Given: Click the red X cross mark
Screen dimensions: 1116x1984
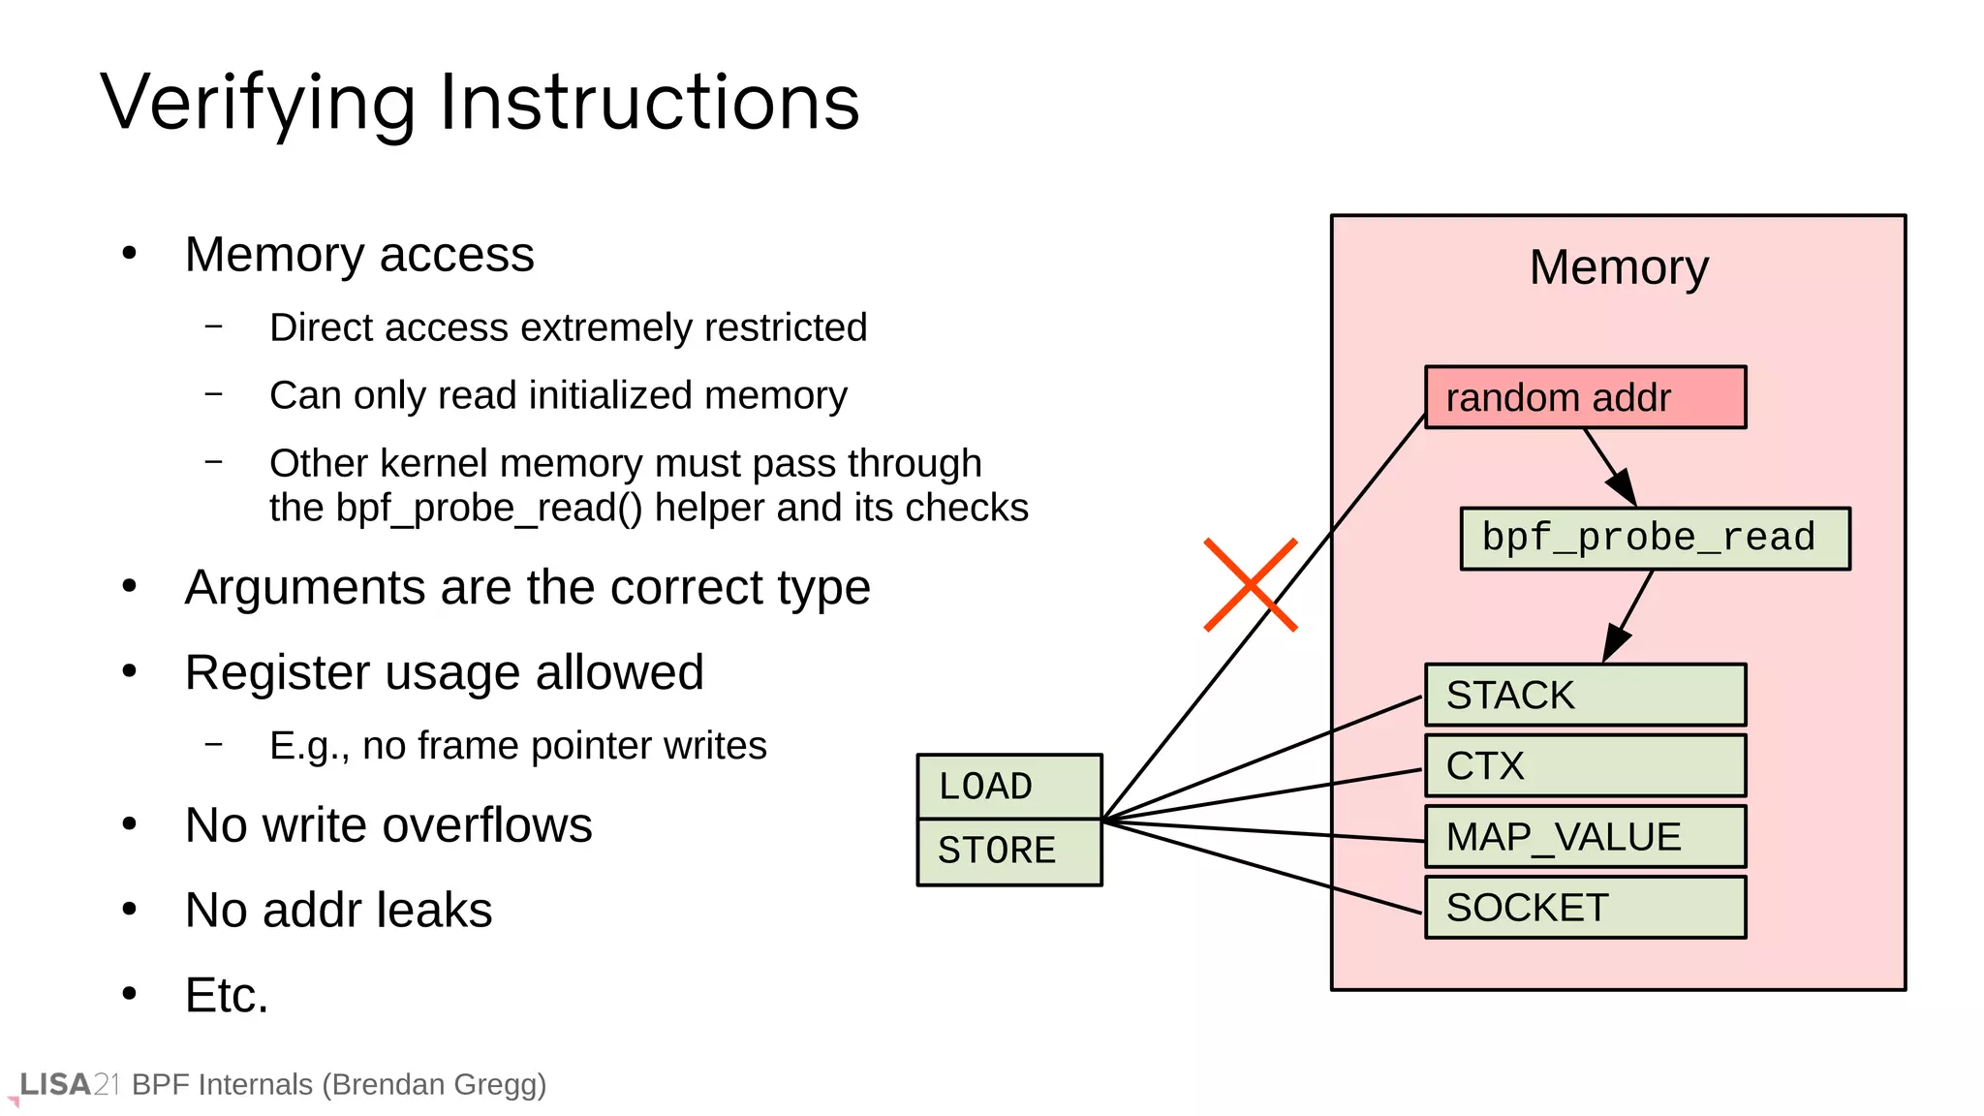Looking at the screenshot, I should point(1250,585).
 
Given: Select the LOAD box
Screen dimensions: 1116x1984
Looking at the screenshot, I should point(1008,786).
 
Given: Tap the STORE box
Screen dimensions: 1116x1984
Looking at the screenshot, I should point(1008,851).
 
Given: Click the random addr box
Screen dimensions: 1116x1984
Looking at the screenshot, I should point(1585,397).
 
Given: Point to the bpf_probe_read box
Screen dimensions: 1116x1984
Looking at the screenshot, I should point(1655,539).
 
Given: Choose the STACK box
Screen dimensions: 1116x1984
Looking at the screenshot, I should point(1585,695).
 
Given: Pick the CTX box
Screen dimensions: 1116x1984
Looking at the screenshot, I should point(1585,765).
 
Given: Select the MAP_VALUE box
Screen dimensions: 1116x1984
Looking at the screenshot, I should point(1585,836).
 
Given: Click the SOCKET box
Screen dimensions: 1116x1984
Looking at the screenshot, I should point(1585,907).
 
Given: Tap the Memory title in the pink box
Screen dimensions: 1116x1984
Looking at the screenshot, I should point(1618,267).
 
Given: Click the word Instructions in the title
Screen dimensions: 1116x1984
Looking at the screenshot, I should point(649,103).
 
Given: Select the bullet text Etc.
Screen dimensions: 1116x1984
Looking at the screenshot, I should point(227,995).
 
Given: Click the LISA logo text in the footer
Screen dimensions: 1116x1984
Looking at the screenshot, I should point(55,1084).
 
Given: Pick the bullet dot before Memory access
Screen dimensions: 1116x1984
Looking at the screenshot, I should point(130,254).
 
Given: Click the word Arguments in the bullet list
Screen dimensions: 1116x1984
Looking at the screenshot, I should point(304,587).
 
